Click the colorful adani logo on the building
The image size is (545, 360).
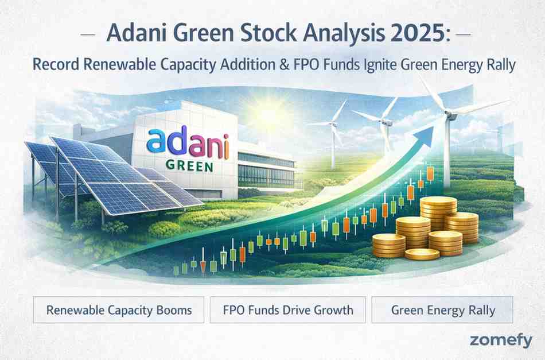(188, 145)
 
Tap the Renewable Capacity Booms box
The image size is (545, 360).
(119, 311)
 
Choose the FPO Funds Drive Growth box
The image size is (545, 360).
(287, 311)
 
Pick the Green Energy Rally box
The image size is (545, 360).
(442, 311)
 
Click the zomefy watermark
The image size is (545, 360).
(501, 340)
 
